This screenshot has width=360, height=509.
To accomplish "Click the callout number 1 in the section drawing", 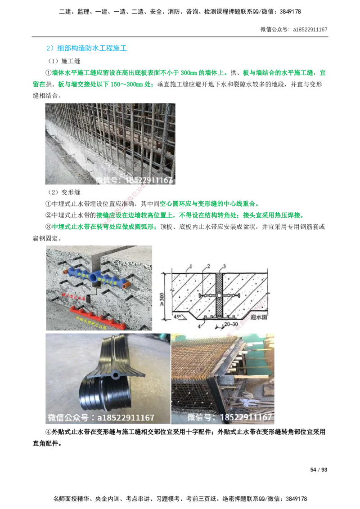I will click(x=191, y=267).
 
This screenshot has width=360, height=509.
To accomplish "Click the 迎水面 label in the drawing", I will click(x=260, y=316).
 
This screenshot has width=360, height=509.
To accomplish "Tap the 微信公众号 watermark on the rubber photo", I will click(x=101, y=418).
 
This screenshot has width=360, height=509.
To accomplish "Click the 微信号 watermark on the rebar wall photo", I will click(x=135, y=181).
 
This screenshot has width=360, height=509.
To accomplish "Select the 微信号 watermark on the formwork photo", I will click(x=229, y=418).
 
